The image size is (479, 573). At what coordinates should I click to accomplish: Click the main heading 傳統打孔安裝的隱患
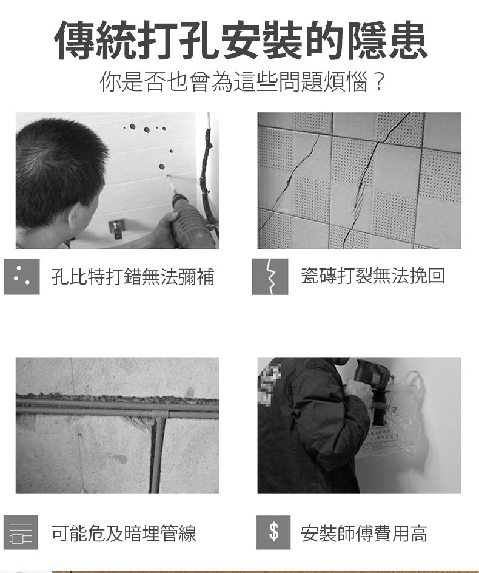point(241,40)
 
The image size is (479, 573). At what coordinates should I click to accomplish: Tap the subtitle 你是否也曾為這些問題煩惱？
point(243,82)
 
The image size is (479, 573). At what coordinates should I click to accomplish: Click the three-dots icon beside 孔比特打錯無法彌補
point(22,277)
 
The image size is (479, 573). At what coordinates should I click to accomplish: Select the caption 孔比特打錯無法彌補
point(133,276)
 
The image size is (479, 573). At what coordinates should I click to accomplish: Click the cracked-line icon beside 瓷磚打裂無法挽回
point(270,277)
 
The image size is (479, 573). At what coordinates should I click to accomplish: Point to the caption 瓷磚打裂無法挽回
point(373,276)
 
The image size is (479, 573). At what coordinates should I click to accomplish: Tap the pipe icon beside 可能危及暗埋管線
point(21,532)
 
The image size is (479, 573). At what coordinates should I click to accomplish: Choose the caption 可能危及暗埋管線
point(124,533)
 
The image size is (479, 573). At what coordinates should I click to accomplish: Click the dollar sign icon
point(273,532)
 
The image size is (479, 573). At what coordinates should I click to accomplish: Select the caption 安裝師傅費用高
point(364,533)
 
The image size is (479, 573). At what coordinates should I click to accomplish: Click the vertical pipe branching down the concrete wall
point(158,455)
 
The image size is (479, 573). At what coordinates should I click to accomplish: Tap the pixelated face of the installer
point(269,380)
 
